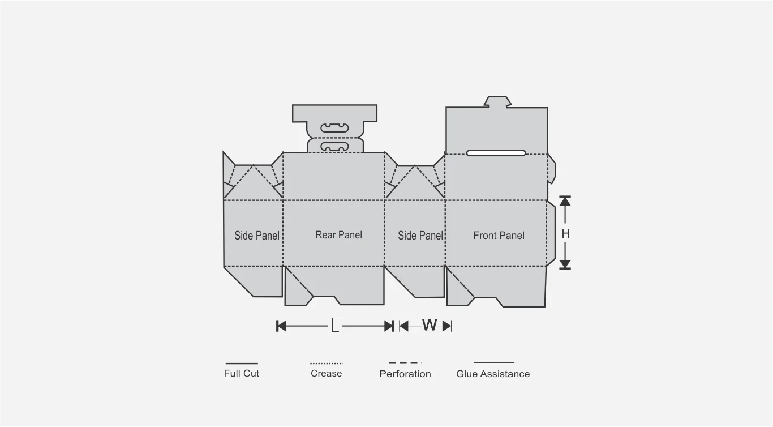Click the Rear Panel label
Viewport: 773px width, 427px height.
338,235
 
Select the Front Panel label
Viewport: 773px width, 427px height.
499,236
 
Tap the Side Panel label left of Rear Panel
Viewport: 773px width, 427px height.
257,236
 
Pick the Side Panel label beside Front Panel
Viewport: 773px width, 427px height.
420,236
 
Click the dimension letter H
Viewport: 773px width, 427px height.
565,234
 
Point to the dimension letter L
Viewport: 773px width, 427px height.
334,326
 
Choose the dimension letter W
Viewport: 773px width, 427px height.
430,325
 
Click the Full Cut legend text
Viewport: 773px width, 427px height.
241,373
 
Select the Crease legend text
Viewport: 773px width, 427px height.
326,373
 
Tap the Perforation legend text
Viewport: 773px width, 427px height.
405,374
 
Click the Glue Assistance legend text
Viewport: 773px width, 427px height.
493,374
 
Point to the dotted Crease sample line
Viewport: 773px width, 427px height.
326,364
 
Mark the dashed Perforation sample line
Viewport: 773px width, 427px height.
405,363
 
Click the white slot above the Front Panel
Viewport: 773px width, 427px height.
496,153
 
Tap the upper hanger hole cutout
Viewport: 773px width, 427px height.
335,128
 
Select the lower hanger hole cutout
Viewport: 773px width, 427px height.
335,146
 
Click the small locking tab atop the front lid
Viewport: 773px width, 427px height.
497,101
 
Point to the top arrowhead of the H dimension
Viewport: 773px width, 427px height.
565,201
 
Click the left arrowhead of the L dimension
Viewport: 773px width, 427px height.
282,326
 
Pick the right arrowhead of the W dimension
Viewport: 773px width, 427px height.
447,326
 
